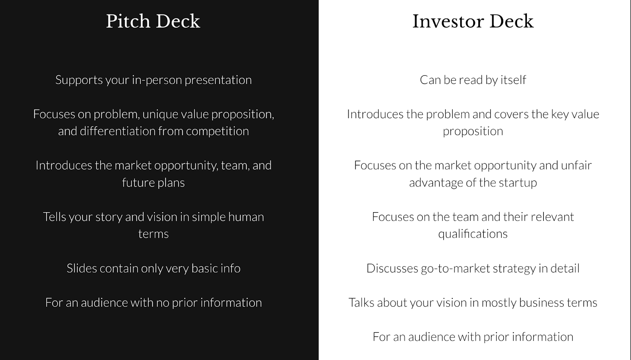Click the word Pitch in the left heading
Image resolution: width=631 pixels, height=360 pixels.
click(128, 21)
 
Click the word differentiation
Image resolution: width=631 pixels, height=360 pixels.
click(118, 131)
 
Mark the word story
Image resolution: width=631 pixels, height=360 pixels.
click(109, 217)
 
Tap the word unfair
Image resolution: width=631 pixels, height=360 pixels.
click(576, 165)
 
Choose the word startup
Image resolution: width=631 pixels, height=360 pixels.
click(518, 183)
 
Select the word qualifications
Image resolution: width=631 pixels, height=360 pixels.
click(473, 234)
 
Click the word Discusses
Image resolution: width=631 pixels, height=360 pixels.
click(392, 269)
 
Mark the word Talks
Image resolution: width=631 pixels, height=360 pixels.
click(361, 303)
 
